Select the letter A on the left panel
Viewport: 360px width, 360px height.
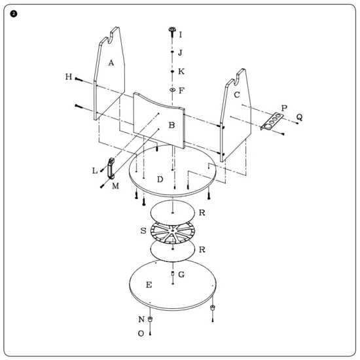(x=111, y=63)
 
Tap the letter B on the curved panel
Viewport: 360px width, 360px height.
(x=171, y=124)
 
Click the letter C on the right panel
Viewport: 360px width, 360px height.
(x=237, y=94)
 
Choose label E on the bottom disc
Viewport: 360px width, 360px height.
(x=149, y=285)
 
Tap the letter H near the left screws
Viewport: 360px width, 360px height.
(x=69, y=77)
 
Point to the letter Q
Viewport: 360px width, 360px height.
(x=299, y=117)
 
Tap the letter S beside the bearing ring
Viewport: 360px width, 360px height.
(x=143, y=230)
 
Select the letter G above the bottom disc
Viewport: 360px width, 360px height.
(x=181, y=274)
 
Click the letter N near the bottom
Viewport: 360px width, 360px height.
(x=141, y=319)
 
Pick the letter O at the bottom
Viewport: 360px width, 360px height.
(x=141, y=333)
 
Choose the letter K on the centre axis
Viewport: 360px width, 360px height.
(x=181, y=70)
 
